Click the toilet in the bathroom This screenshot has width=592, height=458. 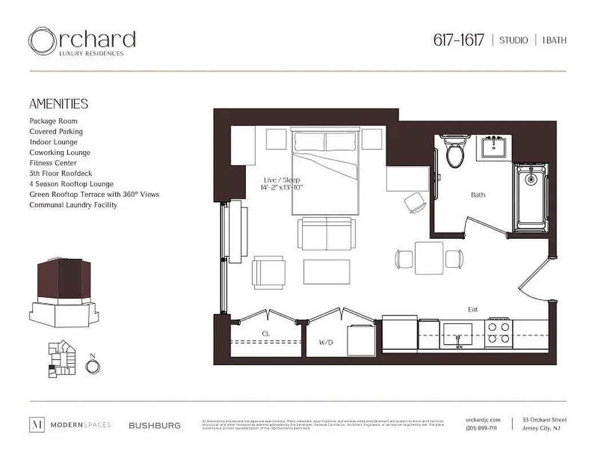point(456,152)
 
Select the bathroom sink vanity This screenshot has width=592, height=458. point(492,148)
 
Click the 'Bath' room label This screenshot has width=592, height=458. point(478,195)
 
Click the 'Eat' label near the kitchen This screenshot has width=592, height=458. point(473,309)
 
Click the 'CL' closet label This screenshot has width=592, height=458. point(266,333)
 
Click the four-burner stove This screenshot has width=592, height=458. point(498,333)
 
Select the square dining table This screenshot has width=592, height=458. point(429,258)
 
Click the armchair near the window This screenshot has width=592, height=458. point(269,271)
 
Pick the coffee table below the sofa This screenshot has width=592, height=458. point(327,271)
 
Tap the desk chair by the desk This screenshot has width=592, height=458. point(414,203)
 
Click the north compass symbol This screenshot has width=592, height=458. point(93,366)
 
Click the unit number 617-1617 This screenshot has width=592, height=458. point(459,40)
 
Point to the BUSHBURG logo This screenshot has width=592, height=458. point(154,425)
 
